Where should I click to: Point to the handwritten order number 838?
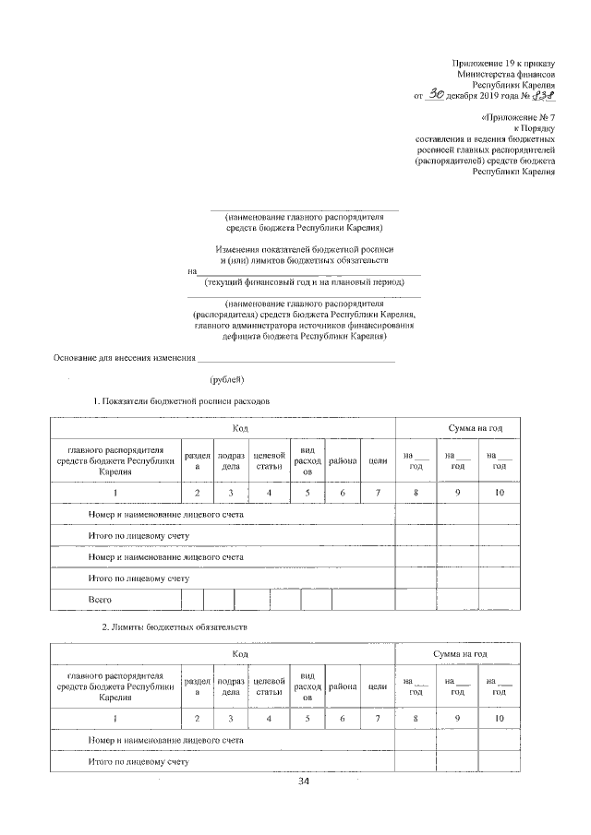pos(543,93)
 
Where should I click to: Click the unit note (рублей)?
pos(226,378)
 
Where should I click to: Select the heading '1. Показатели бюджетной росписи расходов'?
pos(181,402)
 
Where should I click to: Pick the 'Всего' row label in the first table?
pos(100,601)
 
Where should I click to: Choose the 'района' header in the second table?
pos(342,686)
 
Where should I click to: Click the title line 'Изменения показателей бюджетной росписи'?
pos(304,250)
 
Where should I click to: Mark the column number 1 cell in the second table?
pos(115,718)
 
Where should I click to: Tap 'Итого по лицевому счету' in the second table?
pos(139,763)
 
